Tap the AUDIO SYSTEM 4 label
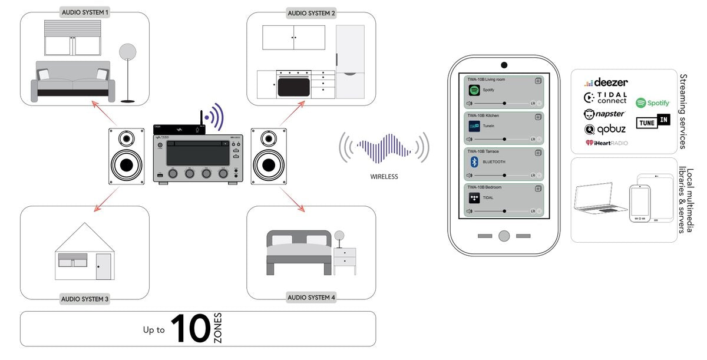coord(311,298)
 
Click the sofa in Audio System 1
coord(73,81)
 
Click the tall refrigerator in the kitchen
coord(350,61)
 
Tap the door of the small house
coord(104,266)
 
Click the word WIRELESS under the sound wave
coord(384,176)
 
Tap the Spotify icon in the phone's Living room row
coord(474,91)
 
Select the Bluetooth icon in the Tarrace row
coord(474,162)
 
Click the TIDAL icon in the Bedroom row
coord(474,198)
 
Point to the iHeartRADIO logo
coord(606,143)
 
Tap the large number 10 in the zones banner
coord(190,329)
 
